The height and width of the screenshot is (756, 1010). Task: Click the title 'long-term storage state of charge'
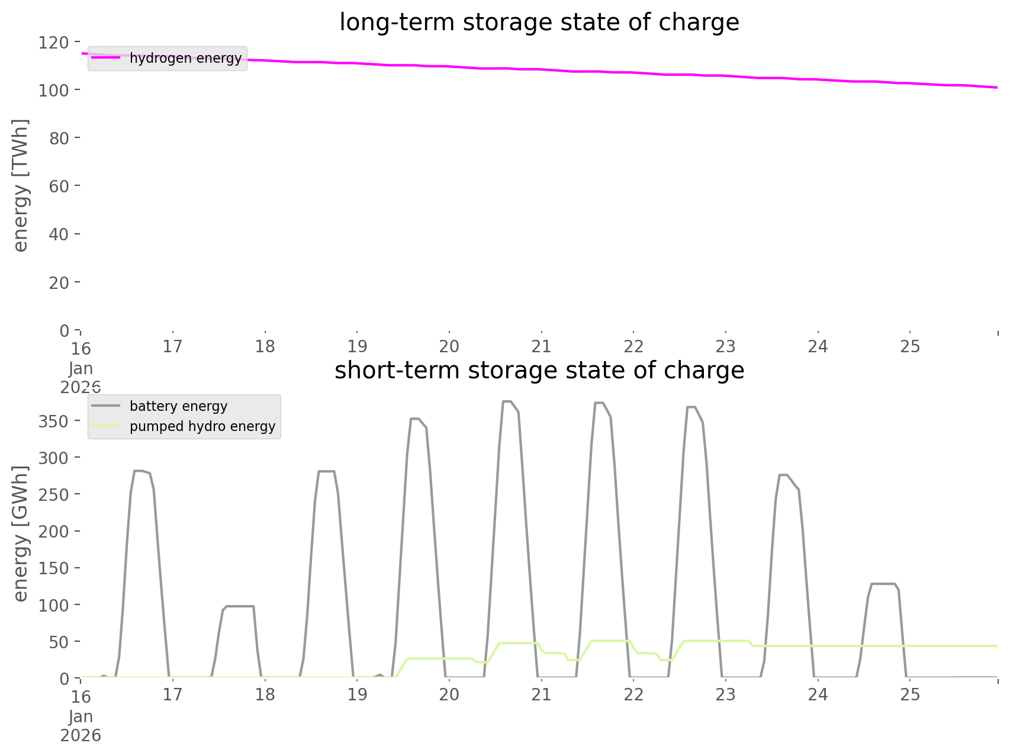pos(539,22)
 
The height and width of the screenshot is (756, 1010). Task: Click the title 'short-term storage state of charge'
pos(539,371)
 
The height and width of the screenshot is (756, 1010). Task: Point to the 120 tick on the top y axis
pos(54,43)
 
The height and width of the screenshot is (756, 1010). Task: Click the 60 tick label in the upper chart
pos(59,186)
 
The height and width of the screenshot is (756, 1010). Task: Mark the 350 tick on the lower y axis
pos(54,421)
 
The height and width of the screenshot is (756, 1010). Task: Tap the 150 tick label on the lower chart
pos(54,568)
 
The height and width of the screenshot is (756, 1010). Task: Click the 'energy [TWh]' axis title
pos(20,185)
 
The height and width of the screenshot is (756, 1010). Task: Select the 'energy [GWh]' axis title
pos(20,533)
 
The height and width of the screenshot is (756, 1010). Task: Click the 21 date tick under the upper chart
pos(541,346)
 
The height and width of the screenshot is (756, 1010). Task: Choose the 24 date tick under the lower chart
pos(818,694)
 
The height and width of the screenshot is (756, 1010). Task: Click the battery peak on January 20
pos(507,401)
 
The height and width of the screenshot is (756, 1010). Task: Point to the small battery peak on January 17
pos(240,606)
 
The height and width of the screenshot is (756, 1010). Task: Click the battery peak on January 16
pos(138,471)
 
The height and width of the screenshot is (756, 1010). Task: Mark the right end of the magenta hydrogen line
pos(997,88)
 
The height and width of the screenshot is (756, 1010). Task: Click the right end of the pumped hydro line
pos(997,646)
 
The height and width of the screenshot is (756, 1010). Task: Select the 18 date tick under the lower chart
pos(265,694)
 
